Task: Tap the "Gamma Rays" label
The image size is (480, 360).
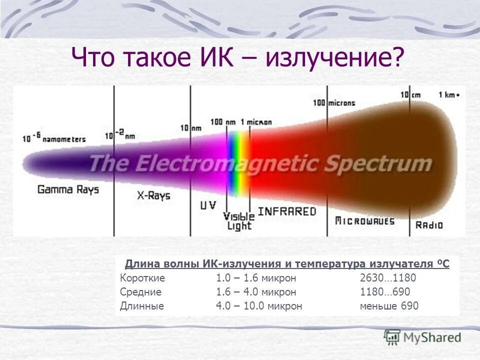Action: coord(68,190)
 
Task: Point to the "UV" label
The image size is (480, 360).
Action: coord(208,205)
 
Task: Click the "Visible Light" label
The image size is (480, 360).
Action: coord(238,221)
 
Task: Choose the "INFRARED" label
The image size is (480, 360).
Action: coord(287,211)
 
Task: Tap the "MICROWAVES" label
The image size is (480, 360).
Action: coord(364,221)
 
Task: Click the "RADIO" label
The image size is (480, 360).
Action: coord(429,225)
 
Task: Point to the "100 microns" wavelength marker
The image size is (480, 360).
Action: coord(334,103)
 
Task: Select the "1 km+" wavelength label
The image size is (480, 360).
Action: coord(449,95)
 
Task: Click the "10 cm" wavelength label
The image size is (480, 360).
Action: coord(410,95)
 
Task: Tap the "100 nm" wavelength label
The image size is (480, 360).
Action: coord(223,122)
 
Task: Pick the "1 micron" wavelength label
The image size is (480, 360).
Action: coord(256,122)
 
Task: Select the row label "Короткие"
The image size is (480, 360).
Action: coord(142,278)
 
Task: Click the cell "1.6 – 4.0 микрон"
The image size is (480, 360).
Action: coord(256,292)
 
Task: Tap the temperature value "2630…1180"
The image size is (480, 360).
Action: coord(388,278)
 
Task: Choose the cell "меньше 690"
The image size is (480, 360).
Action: coord(389,306)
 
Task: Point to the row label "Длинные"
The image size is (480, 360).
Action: coord(142,306)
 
